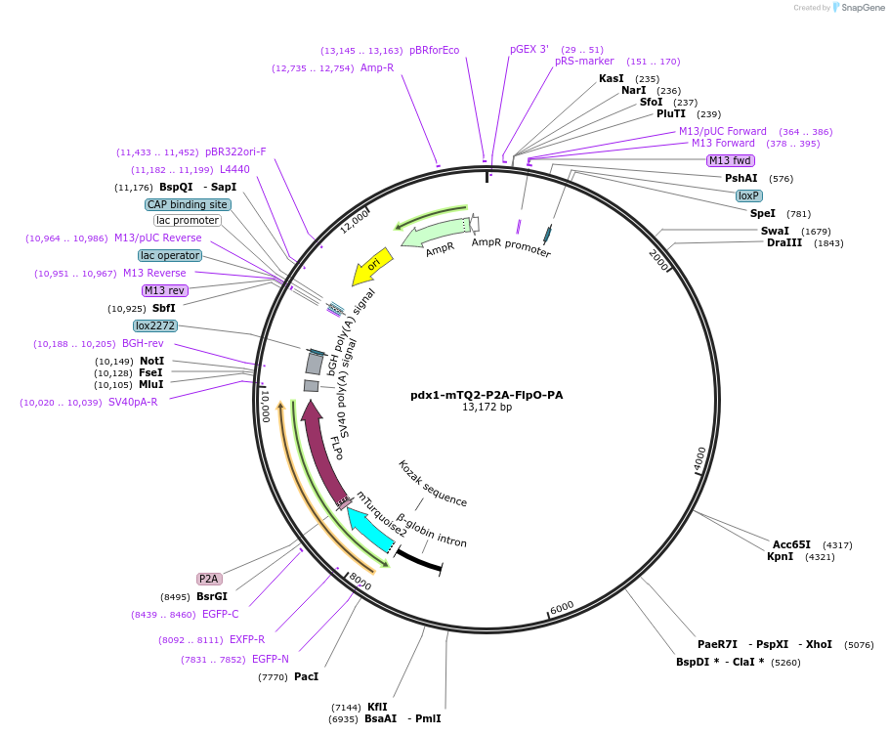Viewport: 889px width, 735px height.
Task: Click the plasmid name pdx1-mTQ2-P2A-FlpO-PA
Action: (x=487, y=395)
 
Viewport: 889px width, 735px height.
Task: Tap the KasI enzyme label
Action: (x=611, y=78)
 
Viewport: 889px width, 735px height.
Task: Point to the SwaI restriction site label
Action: (x=775, y=231)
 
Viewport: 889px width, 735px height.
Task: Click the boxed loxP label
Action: (x=749, y=195)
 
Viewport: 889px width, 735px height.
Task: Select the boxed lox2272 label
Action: (x=155, y=325)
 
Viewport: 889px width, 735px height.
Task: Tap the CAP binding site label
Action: (x=188, y=204)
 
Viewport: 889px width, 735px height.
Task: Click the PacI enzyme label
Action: (x=306, y=676)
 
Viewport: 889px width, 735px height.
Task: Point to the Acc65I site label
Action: (x=791, y=544)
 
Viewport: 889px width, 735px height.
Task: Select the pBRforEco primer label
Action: (x=434, y=50)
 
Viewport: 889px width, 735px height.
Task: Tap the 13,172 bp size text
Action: (x=487, y=408)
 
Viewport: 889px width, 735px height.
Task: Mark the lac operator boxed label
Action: (x=170, y=255)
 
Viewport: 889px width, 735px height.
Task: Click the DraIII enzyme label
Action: (x=784, y=242)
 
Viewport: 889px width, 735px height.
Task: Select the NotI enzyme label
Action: (x=152, y=361)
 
